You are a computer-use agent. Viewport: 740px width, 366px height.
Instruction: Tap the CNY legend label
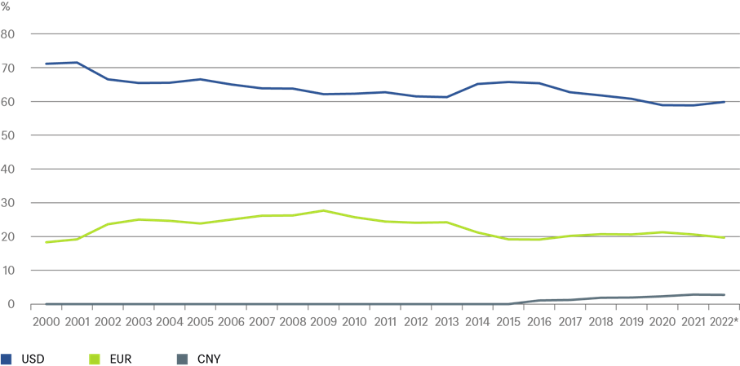(x=210, y=358)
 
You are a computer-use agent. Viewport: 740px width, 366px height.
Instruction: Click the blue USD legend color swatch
(x=7, y=358)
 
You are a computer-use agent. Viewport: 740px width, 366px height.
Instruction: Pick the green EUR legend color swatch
(x=95, y=358)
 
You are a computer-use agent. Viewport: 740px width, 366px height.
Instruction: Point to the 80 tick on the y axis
(x=9, y=34)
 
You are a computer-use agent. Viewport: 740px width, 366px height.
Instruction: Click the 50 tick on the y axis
(x=9, y=135)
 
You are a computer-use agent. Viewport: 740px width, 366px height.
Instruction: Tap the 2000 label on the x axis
(x=47, y=322)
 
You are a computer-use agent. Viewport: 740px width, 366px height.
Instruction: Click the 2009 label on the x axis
(x=324, y=322)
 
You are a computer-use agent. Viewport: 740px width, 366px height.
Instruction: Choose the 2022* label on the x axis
(x=724, y=322)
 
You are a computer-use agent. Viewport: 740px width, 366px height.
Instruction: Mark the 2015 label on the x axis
(x=509, y=322)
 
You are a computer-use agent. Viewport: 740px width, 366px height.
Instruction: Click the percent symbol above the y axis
(x=5, y=7)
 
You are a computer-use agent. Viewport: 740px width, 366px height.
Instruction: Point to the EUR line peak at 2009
(x=324, y=210)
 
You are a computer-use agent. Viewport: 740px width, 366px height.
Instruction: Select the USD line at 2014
(x=478, y=84)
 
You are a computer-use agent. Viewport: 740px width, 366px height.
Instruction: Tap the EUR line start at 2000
(x=47, y=242)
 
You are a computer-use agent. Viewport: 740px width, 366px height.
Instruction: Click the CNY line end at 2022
(x=724, y=295)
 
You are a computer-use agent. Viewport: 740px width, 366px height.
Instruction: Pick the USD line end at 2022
(x=724, y=102)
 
